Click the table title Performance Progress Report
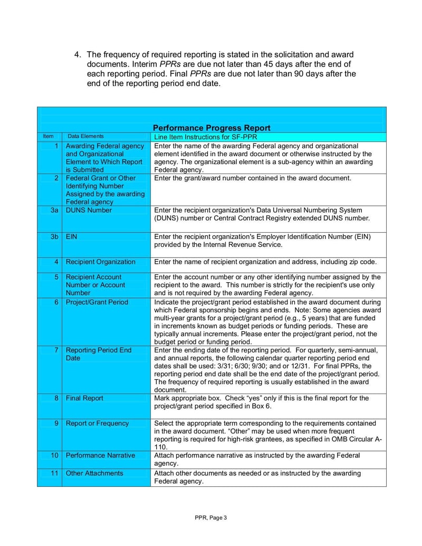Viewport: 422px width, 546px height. click(x=212, y=128)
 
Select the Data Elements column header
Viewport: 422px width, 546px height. click(x=86, y=136)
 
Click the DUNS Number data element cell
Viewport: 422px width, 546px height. click(x=89, y=210)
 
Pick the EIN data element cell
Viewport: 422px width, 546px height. click(x=71, y=236)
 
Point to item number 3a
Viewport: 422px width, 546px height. click(x=54, y=210)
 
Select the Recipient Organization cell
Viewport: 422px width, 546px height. click(x=100, y=262)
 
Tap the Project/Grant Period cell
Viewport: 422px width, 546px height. click(x=97, y=302)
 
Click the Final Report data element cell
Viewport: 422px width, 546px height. click(x=84, y=398)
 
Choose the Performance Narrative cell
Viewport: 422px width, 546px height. click(x=100, y=455)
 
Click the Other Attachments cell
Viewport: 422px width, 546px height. click(x=94, y=473)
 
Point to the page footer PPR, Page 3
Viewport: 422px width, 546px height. click(x=210, y=518)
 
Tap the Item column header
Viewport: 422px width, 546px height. click(x=49, y=136)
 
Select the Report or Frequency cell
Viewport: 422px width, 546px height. click(x=97, y=423)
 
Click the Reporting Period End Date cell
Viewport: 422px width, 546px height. click(x=98, y=354)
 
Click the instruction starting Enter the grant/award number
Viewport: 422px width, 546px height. click(x=253, y=178)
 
